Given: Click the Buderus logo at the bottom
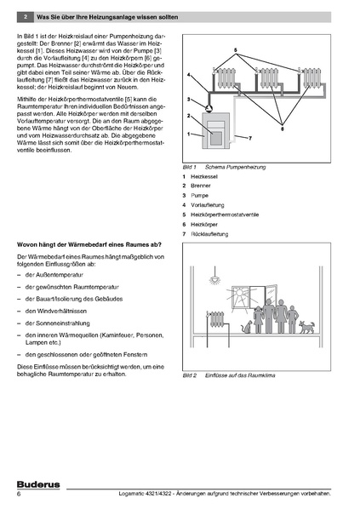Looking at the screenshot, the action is (38, 484).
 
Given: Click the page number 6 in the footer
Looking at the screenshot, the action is (19, 494).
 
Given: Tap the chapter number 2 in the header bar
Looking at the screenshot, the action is (26, 17).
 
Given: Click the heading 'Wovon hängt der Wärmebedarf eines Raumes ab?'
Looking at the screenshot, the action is (89, 245).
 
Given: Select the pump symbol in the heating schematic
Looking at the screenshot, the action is (209, 106).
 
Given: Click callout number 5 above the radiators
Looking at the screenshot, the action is (236, 50).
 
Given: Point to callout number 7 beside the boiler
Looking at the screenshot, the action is (250, 138).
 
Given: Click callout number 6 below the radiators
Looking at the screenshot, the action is (282, 129).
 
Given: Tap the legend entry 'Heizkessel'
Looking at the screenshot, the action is (204, 176).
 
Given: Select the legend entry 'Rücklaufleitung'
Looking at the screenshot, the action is (209, 234).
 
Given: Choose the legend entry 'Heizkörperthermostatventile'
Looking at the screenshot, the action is (225, 214).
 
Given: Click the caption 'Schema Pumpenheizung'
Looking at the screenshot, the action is (236, 167).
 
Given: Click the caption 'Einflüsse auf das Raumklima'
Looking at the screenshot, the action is (240, 375).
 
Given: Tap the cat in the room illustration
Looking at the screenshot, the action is (247, 327).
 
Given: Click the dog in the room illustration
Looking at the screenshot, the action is (306, 327).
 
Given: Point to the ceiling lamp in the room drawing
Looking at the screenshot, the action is (214, 278).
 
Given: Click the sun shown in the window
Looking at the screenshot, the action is (239, 293).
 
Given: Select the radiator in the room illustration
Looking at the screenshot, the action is (217, 319).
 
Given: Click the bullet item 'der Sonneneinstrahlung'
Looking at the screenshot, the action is (58, 323).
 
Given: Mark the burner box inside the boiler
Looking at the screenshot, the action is (216, 138).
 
